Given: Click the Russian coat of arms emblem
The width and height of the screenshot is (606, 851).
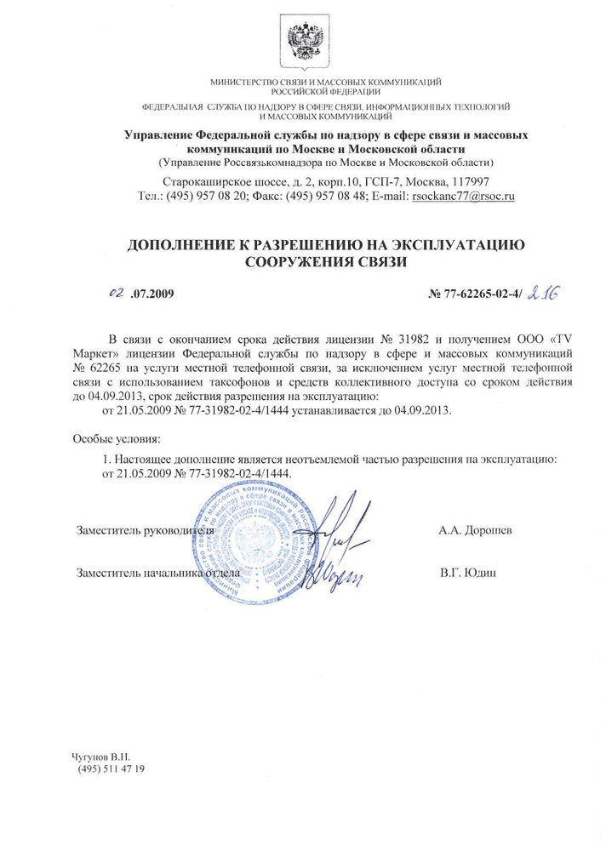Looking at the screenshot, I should (x=303, y=42).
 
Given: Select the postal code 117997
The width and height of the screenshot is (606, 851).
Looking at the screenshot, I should (x=467, y=181).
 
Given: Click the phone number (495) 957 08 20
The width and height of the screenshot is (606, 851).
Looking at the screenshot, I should (x=216, y=196).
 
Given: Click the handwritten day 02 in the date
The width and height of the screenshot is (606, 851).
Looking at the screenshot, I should (x=117, y=294).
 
